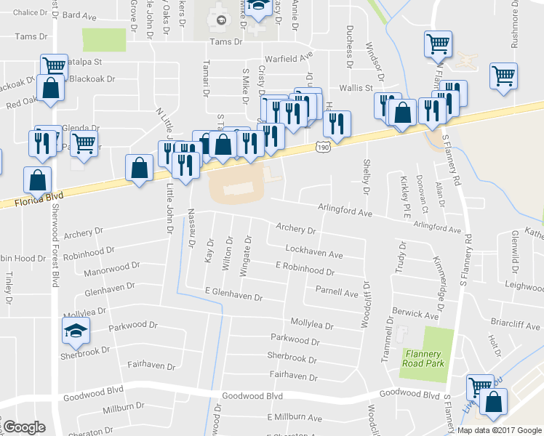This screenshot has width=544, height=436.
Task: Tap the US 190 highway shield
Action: click(x=324, y=148)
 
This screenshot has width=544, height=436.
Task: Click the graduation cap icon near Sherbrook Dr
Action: click(x=75, y=332)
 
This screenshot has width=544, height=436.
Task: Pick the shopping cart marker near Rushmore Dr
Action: click(x=503, y=75)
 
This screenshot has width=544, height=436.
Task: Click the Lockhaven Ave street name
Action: click(x=314, y=254)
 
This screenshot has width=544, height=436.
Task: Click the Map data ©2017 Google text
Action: click(x=498, y=430)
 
